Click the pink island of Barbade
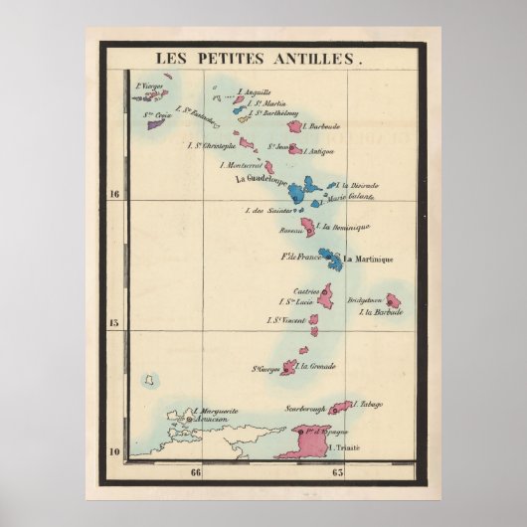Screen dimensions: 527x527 pos(393,300)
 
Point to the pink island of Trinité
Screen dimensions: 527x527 pos(304,438)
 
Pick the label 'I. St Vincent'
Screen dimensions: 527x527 pos(285,320)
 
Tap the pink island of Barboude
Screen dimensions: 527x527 pos(294,126)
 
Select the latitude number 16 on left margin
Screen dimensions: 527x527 pos(114,194)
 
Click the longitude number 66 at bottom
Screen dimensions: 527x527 pos(196,472)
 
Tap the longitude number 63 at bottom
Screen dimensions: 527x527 pos(338,472)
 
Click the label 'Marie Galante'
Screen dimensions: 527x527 pos(354,197)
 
